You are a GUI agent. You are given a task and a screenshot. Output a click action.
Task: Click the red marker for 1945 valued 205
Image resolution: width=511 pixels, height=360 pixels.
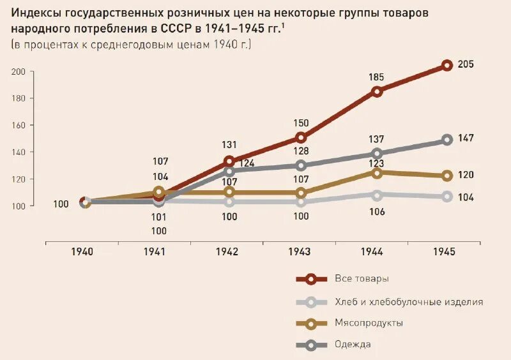[x=446, y=65]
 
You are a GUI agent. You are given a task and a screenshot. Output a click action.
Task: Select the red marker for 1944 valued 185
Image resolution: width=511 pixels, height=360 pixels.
[x=377, y=91]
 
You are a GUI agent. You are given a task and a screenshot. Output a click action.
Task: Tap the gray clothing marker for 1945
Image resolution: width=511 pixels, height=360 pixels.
[x=446, y=140]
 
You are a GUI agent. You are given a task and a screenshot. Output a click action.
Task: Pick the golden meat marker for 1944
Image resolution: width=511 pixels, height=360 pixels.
[x=377, y=172]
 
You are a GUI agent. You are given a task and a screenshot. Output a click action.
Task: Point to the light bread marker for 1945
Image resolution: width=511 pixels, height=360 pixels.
[x=446, y=197]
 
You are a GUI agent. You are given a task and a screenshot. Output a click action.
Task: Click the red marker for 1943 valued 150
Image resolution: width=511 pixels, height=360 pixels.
[x=301, y=137]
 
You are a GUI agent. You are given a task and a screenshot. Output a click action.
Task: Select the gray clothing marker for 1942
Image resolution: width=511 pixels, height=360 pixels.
[x=229, y=171]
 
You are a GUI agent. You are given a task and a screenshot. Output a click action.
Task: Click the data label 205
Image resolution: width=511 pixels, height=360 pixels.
[x=465, y=65]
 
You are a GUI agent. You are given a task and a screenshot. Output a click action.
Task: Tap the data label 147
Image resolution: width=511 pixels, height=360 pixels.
[x=465, y=138]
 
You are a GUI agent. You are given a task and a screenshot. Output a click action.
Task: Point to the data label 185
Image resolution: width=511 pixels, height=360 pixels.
[x=376, y=77]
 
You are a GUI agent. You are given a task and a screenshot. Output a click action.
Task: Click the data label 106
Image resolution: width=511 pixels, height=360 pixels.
[x=376, y=212]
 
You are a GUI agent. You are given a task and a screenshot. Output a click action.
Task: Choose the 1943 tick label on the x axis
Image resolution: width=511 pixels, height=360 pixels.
[x=300, y=252]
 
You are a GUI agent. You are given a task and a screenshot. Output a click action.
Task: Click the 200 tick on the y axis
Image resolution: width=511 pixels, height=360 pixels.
[x=18, y=71]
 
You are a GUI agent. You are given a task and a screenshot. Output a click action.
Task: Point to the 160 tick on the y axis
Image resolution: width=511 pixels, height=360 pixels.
[x=18, y=125]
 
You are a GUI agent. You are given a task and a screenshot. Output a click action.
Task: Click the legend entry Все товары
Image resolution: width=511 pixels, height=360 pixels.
[x=362, y=279]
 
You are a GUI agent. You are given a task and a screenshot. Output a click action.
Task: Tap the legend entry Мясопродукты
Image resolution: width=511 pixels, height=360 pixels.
[x=369, y=323]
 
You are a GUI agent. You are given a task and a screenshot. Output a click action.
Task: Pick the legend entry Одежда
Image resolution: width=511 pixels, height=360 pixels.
[x=353, y=345]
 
